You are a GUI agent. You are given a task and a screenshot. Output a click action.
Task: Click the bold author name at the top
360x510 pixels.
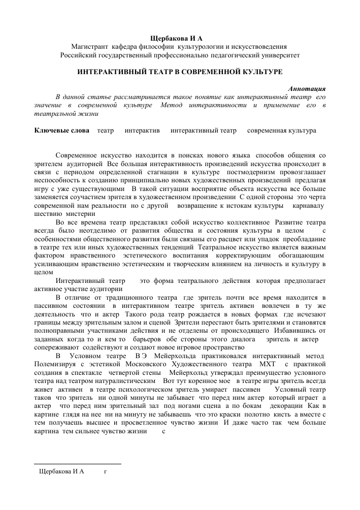(180, 39)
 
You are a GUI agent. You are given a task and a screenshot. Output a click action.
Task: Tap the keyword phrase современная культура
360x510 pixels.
(281, 131)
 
